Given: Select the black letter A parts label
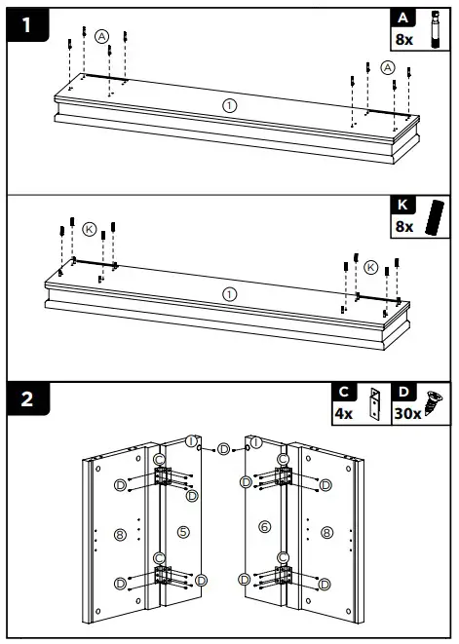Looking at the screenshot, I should [x=402, y=17].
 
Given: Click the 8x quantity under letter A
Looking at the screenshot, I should [x=403, y=39].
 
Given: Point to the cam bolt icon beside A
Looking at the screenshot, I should [x=435, y=29].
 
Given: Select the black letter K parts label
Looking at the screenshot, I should [x=402, y=206].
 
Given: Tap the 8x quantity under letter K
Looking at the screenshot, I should [x=403, y=226].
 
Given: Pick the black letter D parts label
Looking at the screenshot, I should [x=402, y=392].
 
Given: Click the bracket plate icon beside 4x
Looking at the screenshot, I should [x=372, y=402].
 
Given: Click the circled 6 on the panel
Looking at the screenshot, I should [x=262, y=527].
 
